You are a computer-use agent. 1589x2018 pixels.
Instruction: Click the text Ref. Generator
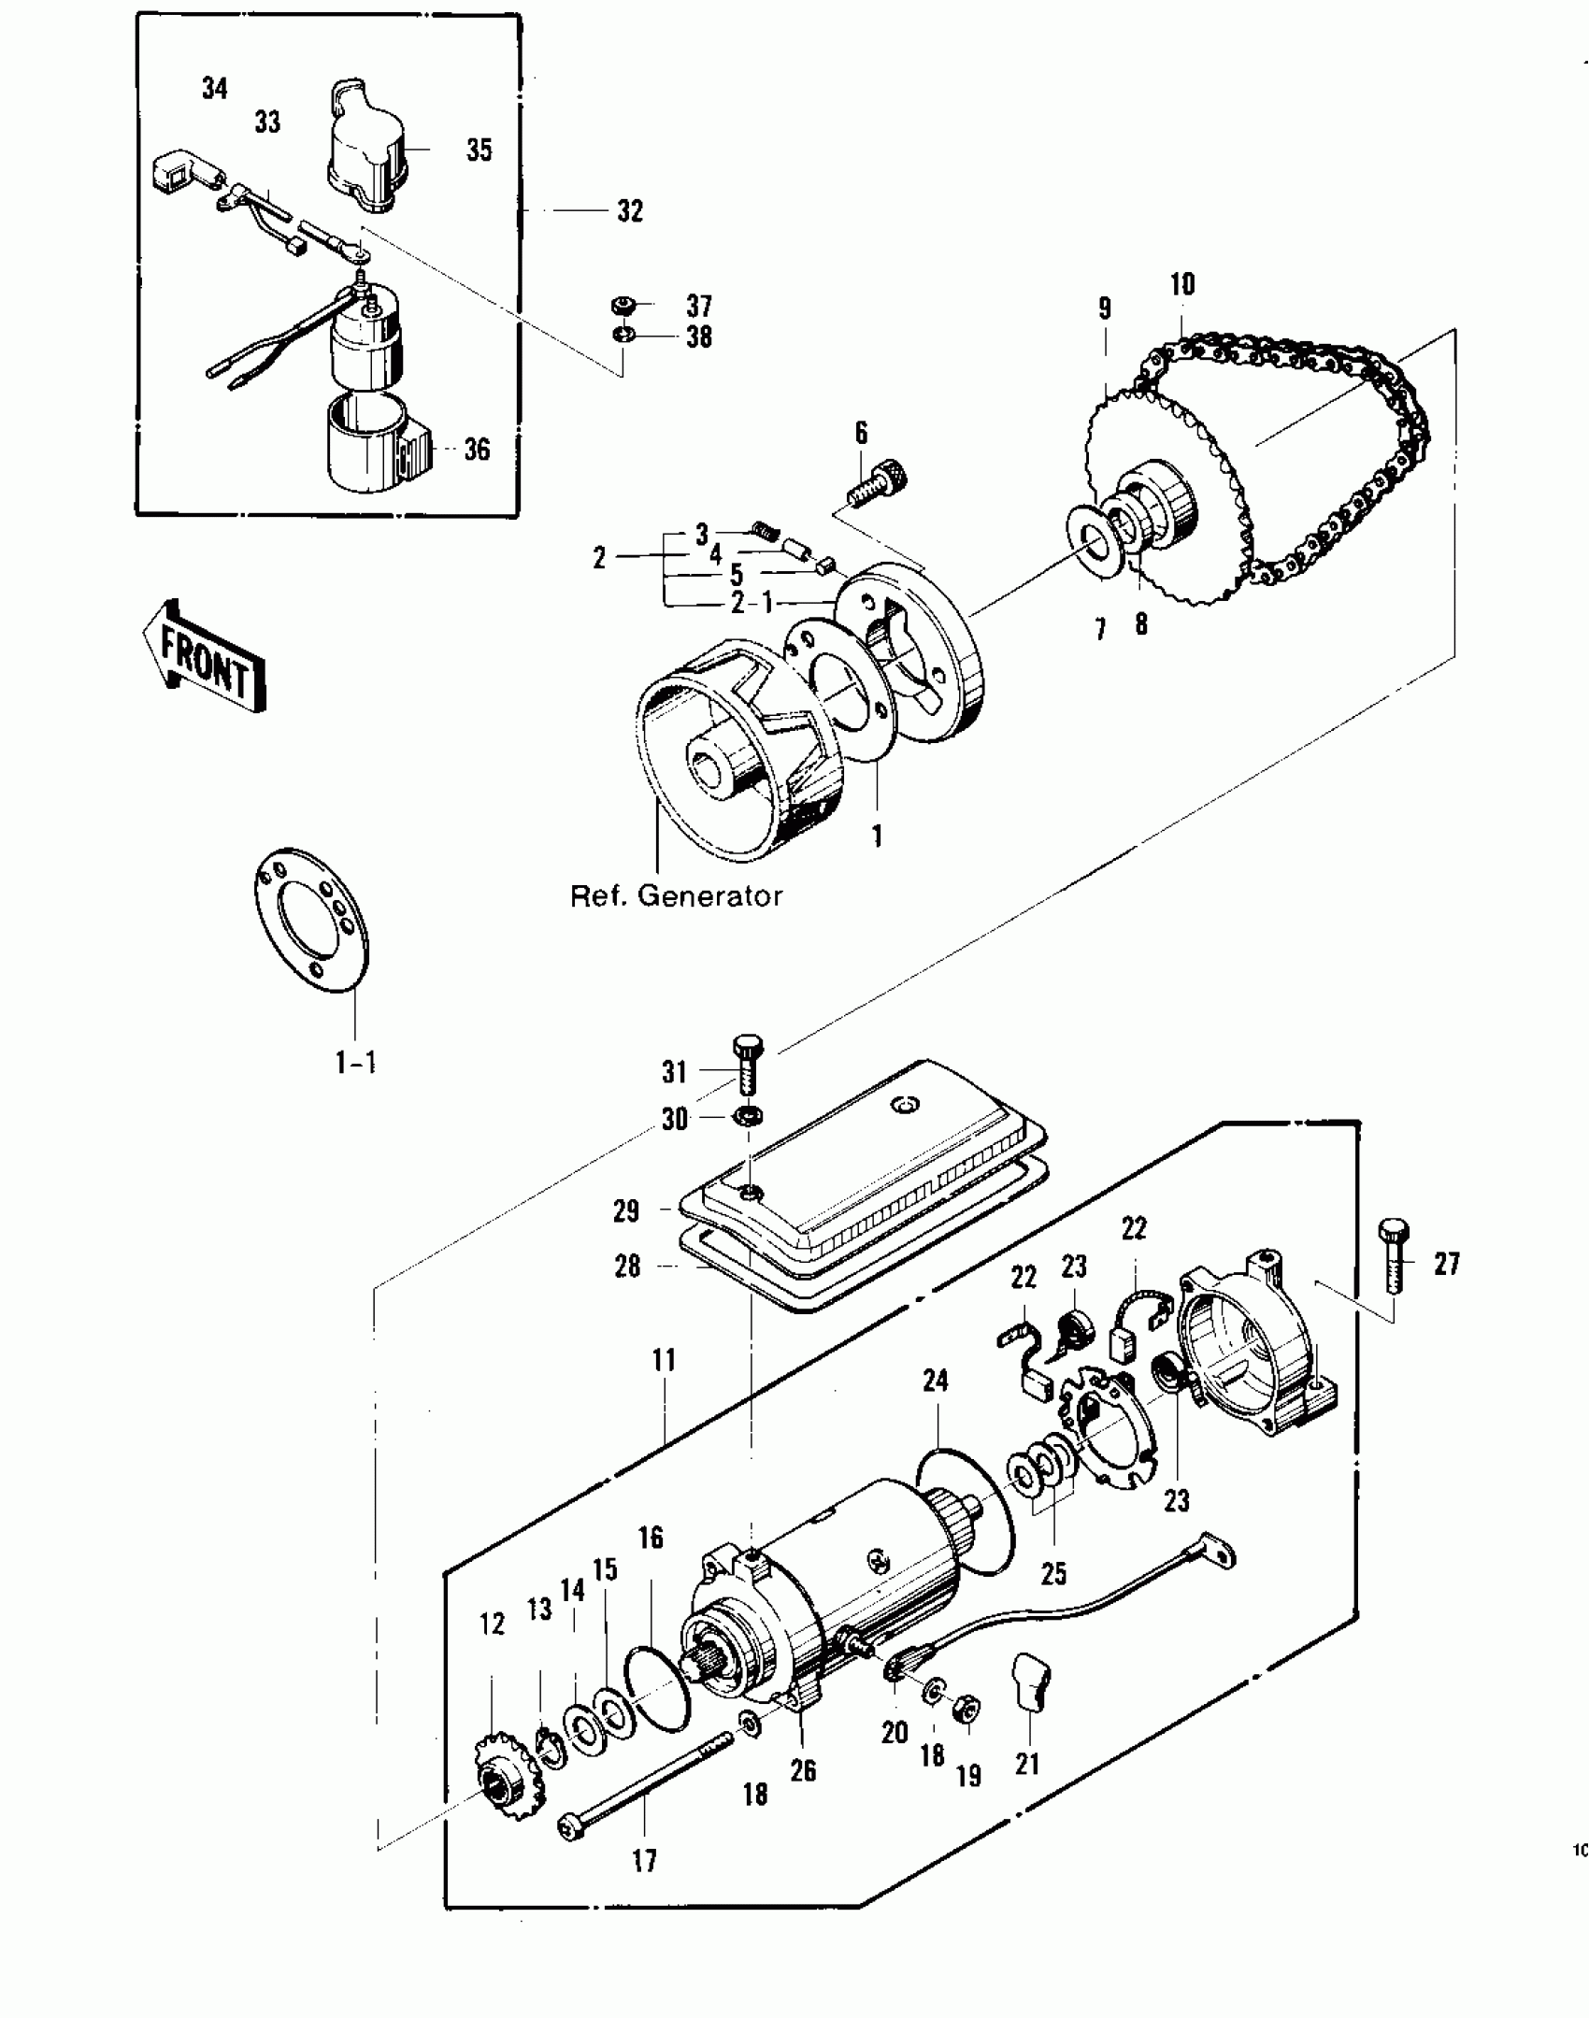pos(676,896)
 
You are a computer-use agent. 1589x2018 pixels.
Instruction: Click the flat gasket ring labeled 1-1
pos(312,921)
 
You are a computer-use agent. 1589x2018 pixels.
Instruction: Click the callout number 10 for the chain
pos(1182,284)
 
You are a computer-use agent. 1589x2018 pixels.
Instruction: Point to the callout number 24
pos(935,1381)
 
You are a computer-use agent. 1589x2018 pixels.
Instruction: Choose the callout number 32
pos(630,211)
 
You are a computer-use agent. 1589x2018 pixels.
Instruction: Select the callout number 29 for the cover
pos(626,1210)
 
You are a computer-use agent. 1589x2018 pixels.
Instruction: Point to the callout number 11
pos(664,1360)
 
